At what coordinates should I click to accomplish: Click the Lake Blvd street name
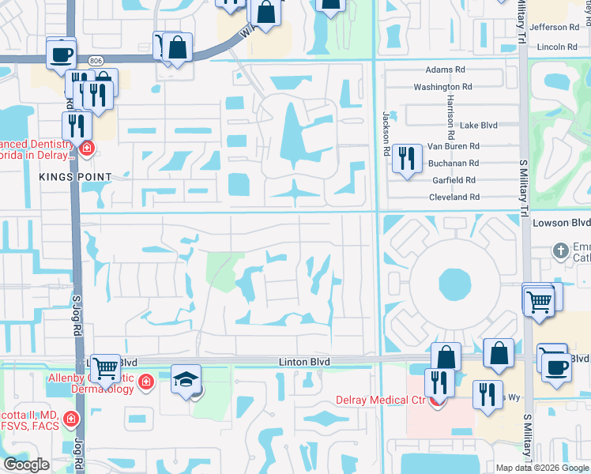479,125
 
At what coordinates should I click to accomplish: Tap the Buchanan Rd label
454,163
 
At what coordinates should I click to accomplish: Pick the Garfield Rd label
455,179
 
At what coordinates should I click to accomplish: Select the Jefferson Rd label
560,27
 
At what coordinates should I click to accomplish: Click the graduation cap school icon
186,379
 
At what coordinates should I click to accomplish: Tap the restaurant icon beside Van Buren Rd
406,158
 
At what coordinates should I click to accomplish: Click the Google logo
27,465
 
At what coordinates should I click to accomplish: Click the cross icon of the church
561,250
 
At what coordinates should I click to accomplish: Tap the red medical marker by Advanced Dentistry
85,147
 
